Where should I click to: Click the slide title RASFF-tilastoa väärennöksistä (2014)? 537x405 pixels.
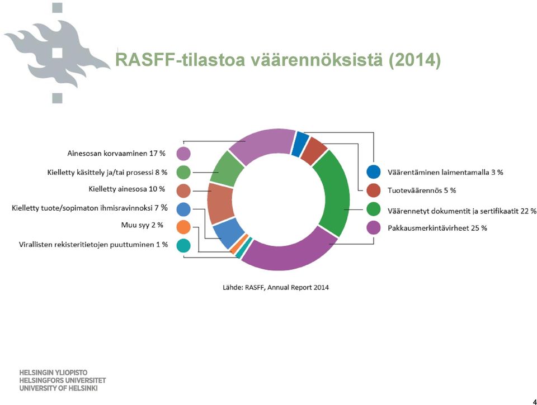278,60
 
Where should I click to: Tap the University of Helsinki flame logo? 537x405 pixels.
57,53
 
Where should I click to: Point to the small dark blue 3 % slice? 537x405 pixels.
300,144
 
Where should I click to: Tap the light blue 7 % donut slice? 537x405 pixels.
228,232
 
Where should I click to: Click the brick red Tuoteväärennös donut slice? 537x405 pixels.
314,151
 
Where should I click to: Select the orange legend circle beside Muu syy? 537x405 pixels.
183,227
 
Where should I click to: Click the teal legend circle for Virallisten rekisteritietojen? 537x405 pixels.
183,246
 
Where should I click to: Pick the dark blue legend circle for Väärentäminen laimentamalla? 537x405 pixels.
373,171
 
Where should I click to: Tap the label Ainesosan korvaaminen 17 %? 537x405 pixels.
116,153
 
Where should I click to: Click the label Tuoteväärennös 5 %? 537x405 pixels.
422,190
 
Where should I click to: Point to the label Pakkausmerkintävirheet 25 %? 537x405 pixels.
437,228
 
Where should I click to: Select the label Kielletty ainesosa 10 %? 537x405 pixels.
127,189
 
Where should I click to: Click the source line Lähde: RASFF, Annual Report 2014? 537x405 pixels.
276,288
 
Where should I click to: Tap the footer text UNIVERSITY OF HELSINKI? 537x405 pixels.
58,388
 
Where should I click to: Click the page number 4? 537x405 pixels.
534,402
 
